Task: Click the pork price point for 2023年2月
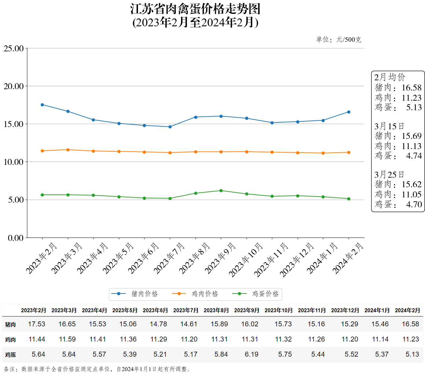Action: tap(42, 105)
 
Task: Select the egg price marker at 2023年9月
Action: tap(221, 190)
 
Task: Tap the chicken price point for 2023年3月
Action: tap(68, 150)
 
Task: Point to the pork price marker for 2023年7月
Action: tap(170, 127)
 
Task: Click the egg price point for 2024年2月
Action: tap(349, 199)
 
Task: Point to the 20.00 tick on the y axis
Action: tap(14, 86)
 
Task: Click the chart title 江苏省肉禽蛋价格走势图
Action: tap(195, 9)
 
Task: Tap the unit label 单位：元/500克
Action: tap(338, 39)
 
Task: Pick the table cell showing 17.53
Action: tap(37, 324)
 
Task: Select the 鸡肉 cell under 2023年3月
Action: tap(67, 339)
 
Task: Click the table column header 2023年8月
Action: tap(216, 310)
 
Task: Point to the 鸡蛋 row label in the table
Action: tap(11, 355)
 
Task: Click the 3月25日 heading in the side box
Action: tap(389, 174)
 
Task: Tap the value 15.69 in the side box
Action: tap(412, 136)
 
